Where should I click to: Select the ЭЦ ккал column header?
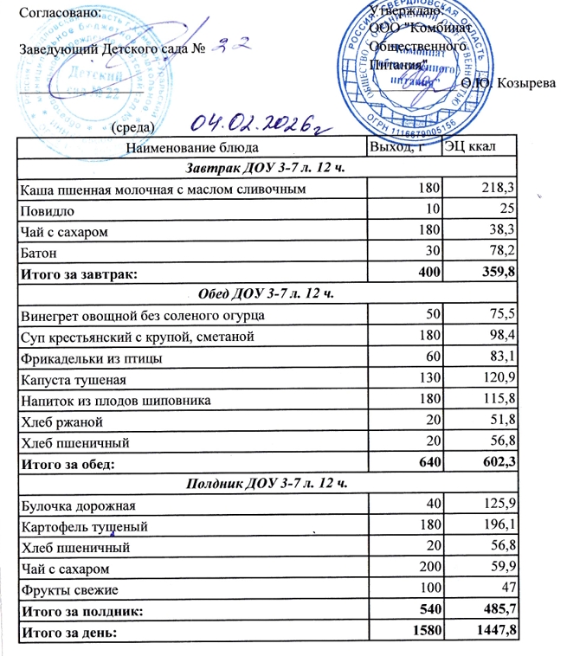click(x=468, y=147)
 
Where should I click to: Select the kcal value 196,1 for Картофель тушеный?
click(x=499, y=525)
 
